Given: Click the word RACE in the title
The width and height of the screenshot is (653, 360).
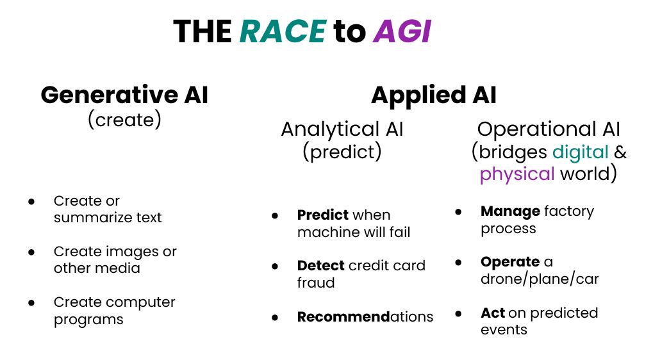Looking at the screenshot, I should (283, 31).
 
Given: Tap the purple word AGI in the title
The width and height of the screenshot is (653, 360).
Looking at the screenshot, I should (402, 31).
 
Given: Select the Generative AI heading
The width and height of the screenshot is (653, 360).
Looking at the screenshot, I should (124, 95).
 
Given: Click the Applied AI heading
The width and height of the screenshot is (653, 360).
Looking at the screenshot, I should (433, 95).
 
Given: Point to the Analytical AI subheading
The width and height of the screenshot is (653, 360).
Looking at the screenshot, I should (342, 129).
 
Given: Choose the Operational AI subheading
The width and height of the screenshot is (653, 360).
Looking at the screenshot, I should (549, 129).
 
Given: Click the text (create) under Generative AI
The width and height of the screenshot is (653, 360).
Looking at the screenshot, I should (124, 119).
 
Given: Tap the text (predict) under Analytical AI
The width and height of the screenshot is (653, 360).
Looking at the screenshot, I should (342, 152).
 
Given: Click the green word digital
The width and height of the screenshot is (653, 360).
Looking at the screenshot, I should (581, 152).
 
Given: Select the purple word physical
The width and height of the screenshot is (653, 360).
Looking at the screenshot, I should (517, 174).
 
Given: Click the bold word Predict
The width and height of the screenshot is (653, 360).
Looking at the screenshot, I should (323, 215).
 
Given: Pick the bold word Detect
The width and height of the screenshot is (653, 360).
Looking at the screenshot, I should (321, 266).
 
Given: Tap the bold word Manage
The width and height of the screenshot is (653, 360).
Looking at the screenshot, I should (510, 211).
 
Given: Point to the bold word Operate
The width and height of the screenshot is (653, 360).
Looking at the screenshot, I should (510, 262).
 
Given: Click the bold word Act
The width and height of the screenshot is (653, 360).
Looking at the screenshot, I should (493, 313).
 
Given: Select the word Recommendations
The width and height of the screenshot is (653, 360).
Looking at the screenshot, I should (365, 316).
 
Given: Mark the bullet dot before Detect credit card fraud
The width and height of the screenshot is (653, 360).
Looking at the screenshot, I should (275, 266).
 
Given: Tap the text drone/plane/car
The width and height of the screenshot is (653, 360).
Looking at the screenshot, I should (540, 279).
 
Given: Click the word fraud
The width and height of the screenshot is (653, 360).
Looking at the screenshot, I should (316, 283).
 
